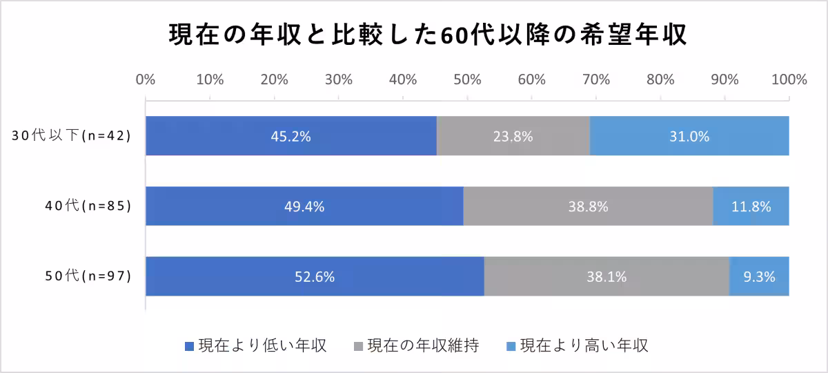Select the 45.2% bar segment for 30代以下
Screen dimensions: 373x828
(x=290, y=136)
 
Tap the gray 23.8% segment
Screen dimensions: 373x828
(x=513, y=136)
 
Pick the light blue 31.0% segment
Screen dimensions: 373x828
(x=689, y=136)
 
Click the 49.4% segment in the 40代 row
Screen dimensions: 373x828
(x=304, y=206)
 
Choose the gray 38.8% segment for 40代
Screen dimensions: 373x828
(x=588, y=206)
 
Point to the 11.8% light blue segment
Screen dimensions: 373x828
(x=751, y=206)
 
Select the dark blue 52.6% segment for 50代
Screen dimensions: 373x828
(x=315, y=276)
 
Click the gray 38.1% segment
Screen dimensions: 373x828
(x=607, y=276)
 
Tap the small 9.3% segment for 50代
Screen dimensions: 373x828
(x=759, y=276)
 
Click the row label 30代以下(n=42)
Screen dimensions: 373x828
(x=71, y=136)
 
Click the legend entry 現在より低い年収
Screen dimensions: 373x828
(x=256, y=345)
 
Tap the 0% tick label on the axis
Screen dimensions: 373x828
(x=146, y=79)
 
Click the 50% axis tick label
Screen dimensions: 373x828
(x=467, y=79)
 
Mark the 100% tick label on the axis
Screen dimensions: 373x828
(x=789, y=79)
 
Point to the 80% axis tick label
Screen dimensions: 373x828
(x=660, y=79)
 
